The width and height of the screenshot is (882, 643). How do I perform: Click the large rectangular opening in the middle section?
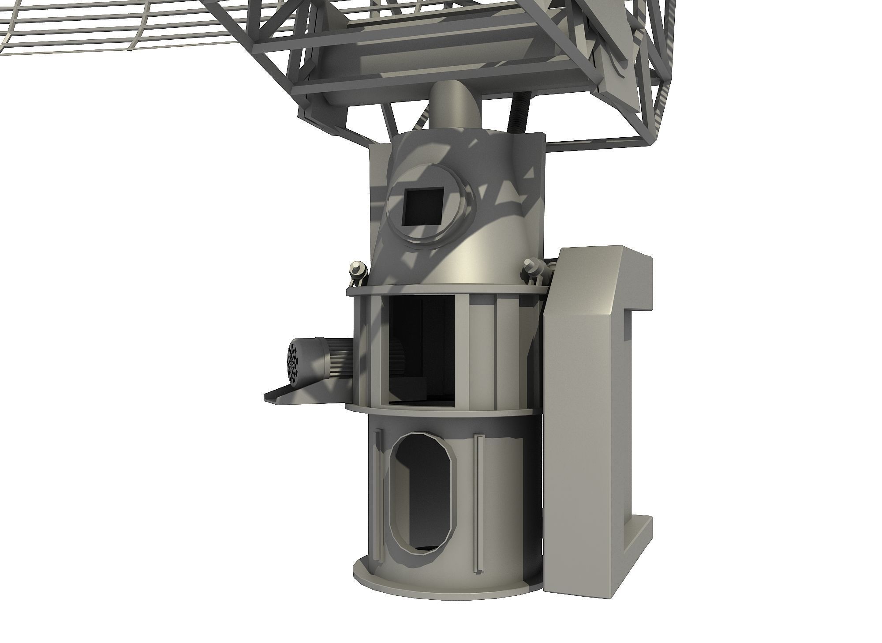[421, 349]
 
